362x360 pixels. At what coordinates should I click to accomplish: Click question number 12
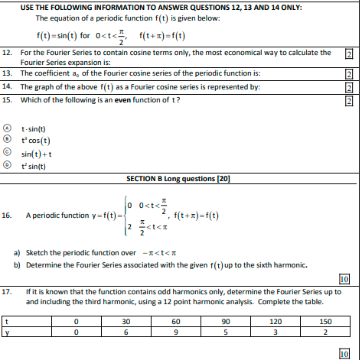tap(7, 53)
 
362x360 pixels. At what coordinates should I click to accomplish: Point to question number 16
tap(7, 216)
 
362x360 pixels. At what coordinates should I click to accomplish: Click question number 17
tap(7, 292)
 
